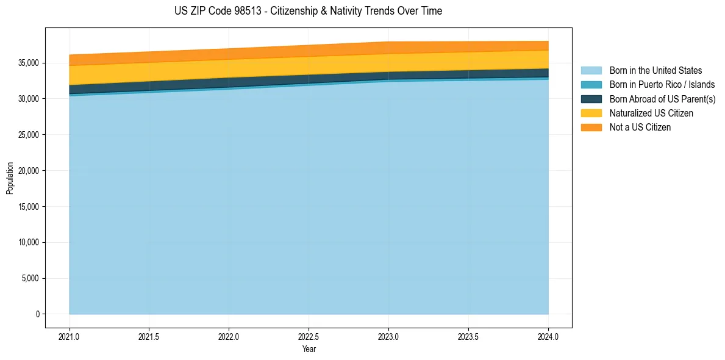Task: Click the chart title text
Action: coord(309,11)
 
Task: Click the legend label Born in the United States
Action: coord(655,71)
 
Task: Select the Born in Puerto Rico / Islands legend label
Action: coord(662,85)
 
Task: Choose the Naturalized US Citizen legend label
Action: coord(651,113)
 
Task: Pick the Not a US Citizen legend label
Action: coord(640,128)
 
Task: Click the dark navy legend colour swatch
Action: coord(591,99)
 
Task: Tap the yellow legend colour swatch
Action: coord(591,113)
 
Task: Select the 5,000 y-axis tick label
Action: coord(31,279)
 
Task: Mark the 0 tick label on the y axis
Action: coord(37,314)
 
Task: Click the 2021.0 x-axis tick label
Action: coord(70,337)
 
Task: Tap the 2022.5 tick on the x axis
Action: coord(309,337)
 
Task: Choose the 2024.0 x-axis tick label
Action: coord(548,337)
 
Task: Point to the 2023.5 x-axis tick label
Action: coord(468,337)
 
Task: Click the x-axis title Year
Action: coord(309,350)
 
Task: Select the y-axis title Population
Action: coord(10,178)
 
